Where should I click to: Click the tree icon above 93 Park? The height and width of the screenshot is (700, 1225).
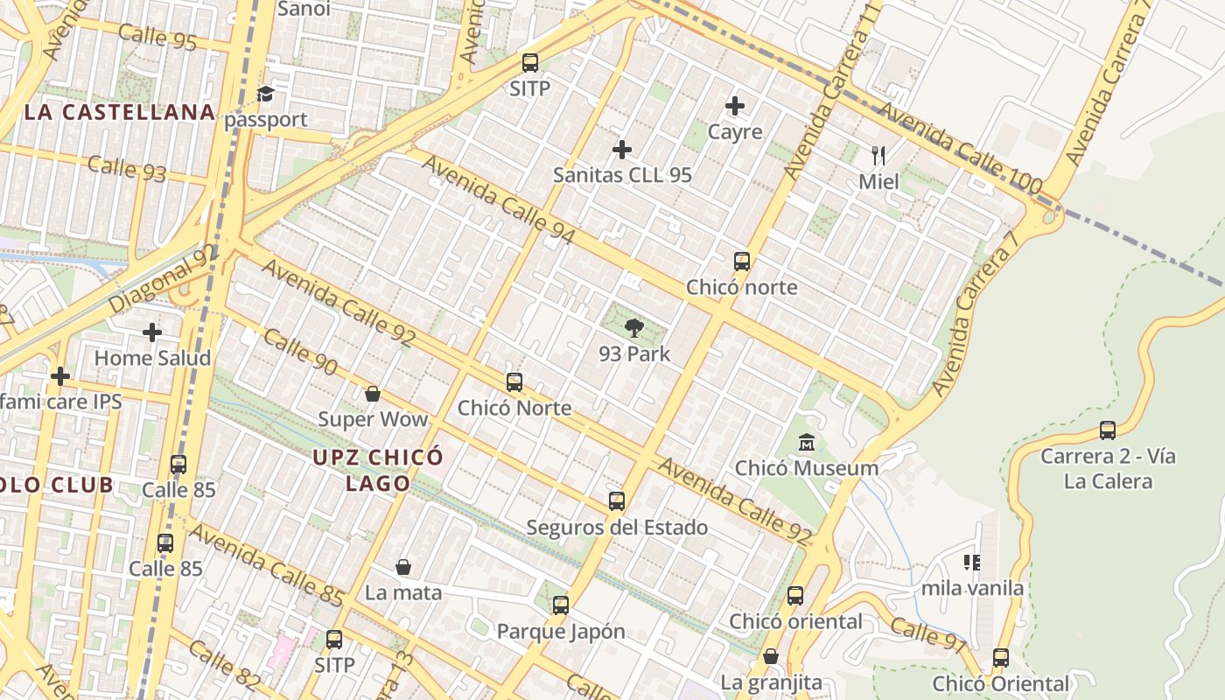(x=634, y=328)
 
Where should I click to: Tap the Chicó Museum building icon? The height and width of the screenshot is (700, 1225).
(x=806, y=443)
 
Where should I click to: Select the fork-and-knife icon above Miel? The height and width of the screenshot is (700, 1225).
(x=878, y=157)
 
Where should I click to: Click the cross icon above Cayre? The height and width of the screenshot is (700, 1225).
(x=735, y=107)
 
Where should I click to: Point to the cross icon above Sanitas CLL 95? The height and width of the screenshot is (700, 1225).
(x=622, y=150)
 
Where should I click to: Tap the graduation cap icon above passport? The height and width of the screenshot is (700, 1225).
(x=265, y=94)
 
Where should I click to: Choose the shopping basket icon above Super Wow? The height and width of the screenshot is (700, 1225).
(x=373, y=394)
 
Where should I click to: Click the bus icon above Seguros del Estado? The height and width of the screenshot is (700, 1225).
(x=617, y=501)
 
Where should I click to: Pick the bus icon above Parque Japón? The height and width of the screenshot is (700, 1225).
(x=561, y=605)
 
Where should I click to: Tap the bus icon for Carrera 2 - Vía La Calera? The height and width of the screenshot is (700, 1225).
(x=1108, y=430)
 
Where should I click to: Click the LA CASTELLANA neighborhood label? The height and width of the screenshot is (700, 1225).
(x=120, y=112)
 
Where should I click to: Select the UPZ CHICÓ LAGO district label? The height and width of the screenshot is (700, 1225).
(x=378, y=470)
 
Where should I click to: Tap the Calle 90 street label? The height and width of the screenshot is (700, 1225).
(x=300, y=352)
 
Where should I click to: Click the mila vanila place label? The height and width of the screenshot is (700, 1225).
(x=972, y=588)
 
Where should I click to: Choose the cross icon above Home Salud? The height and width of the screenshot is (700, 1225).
(x=152, y=332)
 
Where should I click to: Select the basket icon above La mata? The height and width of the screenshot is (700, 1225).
(x=403, y=568)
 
